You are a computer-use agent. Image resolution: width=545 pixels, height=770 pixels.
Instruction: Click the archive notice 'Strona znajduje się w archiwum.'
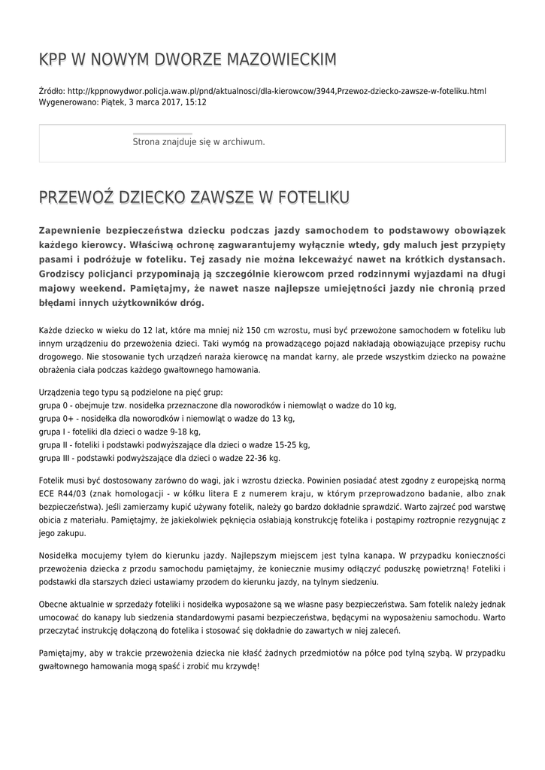point(198,141)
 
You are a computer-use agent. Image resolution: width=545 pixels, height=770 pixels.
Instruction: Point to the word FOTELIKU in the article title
point(313,198)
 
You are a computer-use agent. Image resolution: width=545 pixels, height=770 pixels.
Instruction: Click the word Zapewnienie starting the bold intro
point(77,230)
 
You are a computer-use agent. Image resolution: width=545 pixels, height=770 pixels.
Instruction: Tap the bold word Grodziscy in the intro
point(68,274)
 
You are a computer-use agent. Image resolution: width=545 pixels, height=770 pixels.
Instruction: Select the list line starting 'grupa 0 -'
point(218,405)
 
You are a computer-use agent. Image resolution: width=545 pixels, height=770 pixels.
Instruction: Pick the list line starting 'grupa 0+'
point(166,418)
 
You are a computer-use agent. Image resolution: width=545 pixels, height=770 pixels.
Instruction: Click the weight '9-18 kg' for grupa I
point(185,432)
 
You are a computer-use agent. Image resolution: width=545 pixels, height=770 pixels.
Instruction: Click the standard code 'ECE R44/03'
point(62,493)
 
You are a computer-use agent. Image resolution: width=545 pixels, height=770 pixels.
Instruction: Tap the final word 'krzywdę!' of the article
point(242,666)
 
